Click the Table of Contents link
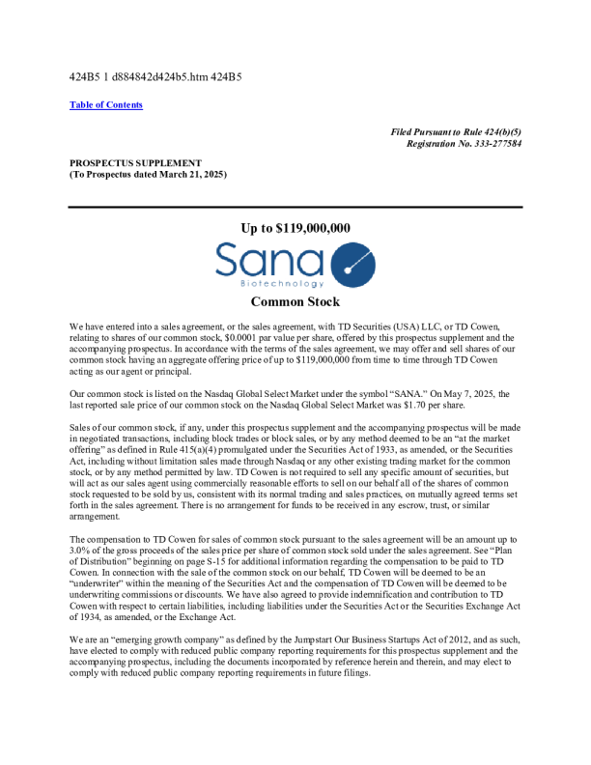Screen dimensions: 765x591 [x=106, y=105]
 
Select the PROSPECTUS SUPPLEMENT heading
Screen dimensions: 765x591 [x=136, y=163]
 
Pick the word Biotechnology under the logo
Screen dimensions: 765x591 [x=269, y=285]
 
